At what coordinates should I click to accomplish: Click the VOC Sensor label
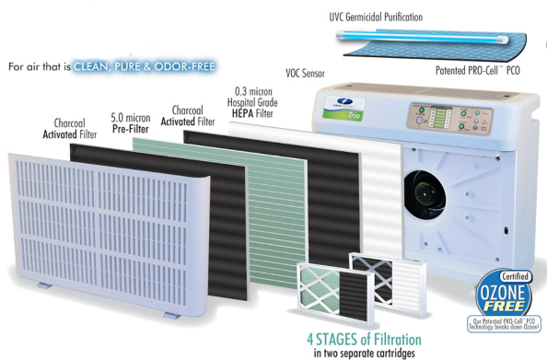coord(312,72)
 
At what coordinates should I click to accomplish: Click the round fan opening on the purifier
coord(425,191)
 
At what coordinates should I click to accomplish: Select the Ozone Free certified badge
coord(506,297)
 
